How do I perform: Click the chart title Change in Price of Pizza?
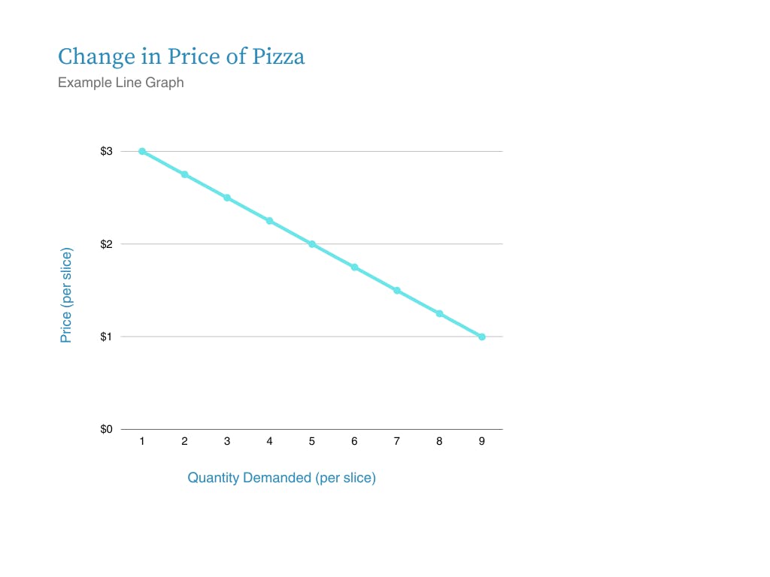(x=181, y=57)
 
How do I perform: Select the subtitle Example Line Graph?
(x=120, y=83)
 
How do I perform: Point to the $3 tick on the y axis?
(x=106, y=152)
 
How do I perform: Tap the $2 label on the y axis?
(x=106, y=244)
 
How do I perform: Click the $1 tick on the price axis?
(x=106, y=337)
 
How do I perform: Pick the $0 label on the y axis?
(x=106, y=430)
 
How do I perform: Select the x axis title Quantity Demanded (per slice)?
(x=281, y=478)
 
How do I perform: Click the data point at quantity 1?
(x=142, y=152)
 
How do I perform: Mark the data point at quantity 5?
(x=312, y=244)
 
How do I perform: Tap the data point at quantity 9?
(x=482, y=337)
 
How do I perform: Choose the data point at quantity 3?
(x=227, y=198)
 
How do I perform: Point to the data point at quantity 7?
(x=397, y=291)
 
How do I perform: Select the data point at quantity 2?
(x=184, y=174)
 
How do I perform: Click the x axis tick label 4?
(x=269, y=442)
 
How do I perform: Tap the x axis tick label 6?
(x=354, y=442)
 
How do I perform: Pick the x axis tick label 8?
(x=439, y=442)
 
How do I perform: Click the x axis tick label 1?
(x=142, y=442)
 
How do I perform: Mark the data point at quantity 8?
(x=439, y=313)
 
